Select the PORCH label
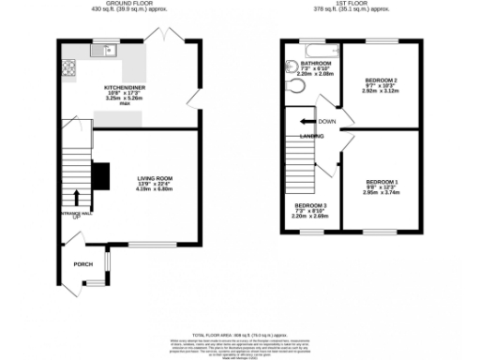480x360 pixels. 83,263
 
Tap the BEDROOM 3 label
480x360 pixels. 310,204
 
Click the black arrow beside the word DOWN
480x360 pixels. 307,122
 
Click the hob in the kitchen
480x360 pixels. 69,67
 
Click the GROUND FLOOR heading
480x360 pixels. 129,4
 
